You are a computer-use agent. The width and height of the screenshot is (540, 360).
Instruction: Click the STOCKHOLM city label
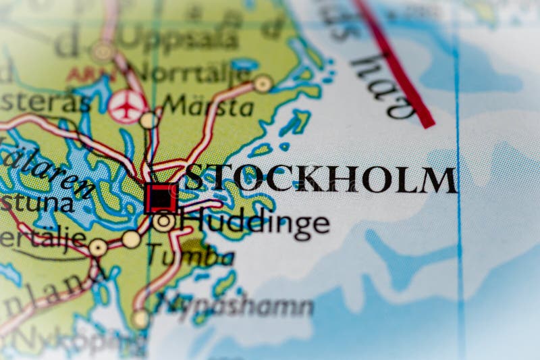coord(321,179)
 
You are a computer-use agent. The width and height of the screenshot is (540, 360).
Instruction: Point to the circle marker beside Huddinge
coord(163,221)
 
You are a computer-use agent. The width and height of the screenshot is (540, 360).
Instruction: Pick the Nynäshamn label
coord(236,306)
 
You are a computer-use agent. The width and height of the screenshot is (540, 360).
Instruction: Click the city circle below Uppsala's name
coord(103,51)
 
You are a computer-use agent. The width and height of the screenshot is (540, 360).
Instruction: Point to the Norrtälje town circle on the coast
coord(263,83)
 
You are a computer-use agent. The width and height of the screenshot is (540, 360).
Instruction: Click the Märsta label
coord(209,106)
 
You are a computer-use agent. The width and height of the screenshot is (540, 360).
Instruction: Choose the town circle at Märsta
coord(148,120)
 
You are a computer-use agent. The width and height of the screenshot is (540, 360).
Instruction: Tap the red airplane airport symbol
coord(127,106)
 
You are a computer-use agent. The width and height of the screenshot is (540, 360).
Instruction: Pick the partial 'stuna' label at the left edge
coord(34,203)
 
